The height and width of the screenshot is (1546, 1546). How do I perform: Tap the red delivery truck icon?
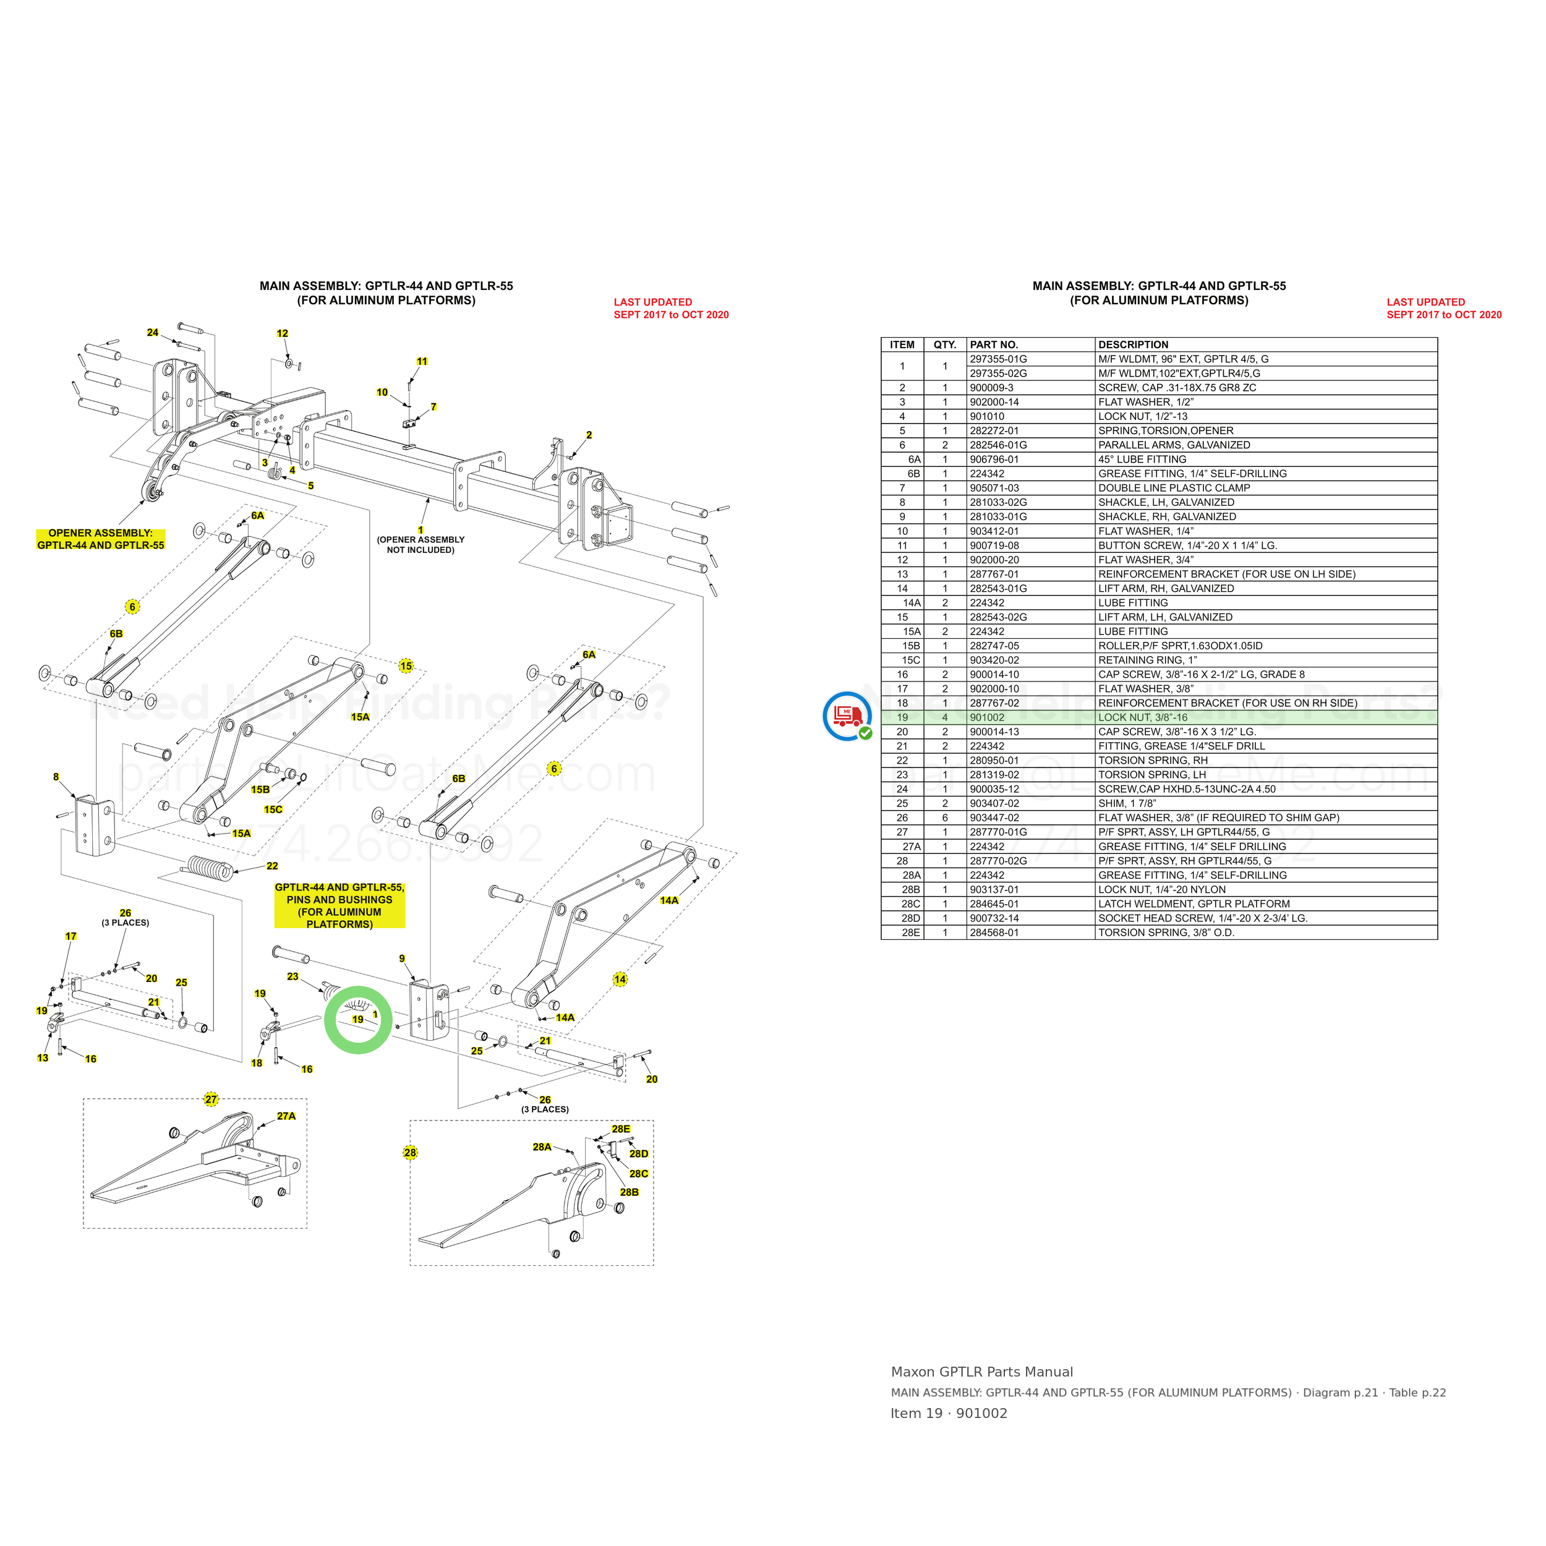[x=847, y=715]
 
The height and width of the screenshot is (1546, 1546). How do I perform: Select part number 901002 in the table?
[x=986, y=718]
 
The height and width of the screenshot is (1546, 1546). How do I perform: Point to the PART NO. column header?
[x=994, y=345]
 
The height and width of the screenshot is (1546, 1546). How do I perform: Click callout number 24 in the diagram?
[x=153, y=333]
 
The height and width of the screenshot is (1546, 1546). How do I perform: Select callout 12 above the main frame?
[x=283, y=334]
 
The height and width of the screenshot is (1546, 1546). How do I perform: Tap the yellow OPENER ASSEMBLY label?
[x=101, y=539]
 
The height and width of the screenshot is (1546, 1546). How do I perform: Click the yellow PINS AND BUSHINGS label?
[x=340, y=905]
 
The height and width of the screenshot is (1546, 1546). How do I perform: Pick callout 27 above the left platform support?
[x=211, y=1100]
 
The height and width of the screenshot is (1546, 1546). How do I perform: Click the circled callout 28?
[x=411, y=1153]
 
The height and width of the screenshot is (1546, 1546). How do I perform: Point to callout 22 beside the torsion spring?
[x=272, y=866]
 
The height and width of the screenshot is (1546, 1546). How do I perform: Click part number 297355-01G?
[x=998, y=359]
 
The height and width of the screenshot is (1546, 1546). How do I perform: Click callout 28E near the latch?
[x=621, y=1129]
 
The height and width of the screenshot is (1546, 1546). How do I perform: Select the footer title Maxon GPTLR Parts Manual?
[x=982, y=1372]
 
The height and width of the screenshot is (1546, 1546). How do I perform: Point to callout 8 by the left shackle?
[x=56, y=777]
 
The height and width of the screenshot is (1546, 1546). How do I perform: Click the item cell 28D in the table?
[x=911, y=919]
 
